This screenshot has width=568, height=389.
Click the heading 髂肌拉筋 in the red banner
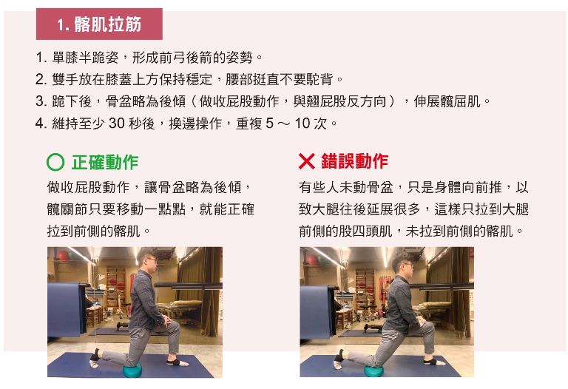tap(107, 24)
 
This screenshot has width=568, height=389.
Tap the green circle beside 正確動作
tap(55, 162)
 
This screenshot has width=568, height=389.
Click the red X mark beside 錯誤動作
tap(307, 161)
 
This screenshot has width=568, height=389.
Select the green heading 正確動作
tap(105, 162)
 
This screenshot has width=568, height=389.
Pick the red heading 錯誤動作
tap(355, 161)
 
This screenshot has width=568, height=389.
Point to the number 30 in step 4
tap(117, 124)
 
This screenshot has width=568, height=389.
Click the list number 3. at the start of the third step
tap(41, 101)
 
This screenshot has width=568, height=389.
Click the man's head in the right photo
tap(403, 265)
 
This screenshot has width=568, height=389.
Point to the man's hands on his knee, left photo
tap(167, 320)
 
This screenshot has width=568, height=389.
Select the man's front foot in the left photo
tap(177, 362)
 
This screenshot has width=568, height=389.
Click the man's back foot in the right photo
tap(339, 359)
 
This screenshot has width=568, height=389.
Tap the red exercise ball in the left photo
tap(64, 256)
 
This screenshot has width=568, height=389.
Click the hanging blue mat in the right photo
tap(317, 312)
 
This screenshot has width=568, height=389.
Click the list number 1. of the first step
tap(41, 57)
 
